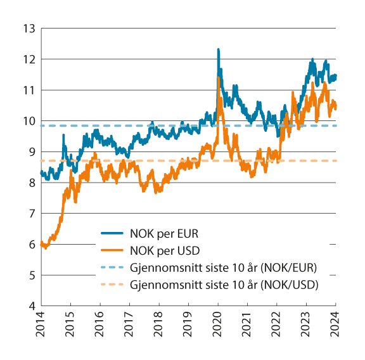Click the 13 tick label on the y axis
27,29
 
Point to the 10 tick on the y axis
27,121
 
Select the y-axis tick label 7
30,214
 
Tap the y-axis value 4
30,306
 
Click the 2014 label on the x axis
41,325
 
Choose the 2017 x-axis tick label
129,325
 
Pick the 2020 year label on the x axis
217,325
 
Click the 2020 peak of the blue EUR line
218,49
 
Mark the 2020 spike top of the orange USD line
219,78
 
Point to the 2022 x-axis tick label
276,325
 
